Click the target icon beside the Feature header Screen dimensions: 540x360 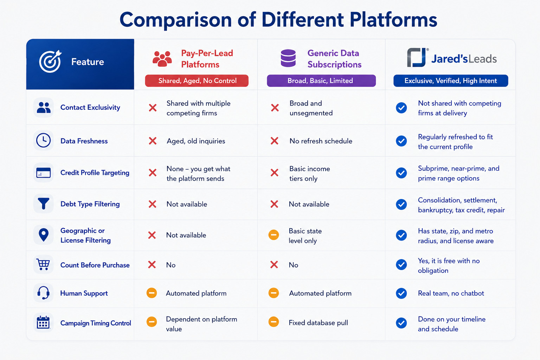point(50,62)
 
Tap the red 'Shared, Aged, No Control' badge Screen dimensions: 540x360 point(197,81)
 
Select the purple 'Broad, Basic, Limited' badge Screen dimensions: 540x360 point(321,81)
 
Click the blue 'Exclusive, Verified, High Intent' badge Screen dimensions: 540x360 point(451,81)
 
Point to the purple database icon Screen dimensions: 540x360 point(288,58)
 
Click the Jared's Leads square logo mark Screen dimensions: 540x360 point(417,57)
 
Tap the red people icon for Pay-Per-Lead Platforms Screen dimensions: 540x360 point(162,59)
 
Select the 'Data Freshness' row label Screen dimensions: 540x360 point(84,141)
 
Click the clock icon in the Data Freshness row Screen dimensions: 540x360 point(43,140)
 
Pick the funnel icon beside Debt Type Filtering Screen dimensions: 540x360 point(43,204)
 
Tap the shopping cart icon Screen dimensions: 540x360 point(43,264)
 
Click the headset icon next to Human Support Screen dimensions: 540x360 point(43,293)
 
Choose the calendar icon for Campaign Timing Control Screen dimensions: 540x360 point(43,322)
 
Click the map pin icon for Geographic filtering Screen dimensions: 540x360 point(43,235)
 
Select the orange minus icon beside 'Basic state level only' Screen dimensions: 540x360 point(274,235)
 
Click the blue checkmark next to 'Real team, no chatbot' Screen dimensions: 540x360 point(401,293)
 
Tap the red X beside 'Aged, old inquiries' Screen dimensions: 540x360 point(153,141)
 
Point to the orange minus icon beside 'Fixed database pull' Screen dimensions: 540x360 point(274,322)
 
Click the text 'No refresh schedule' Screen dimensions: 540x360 point(321,141)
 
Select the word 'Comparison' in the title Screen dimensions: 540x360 point(175,20)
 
